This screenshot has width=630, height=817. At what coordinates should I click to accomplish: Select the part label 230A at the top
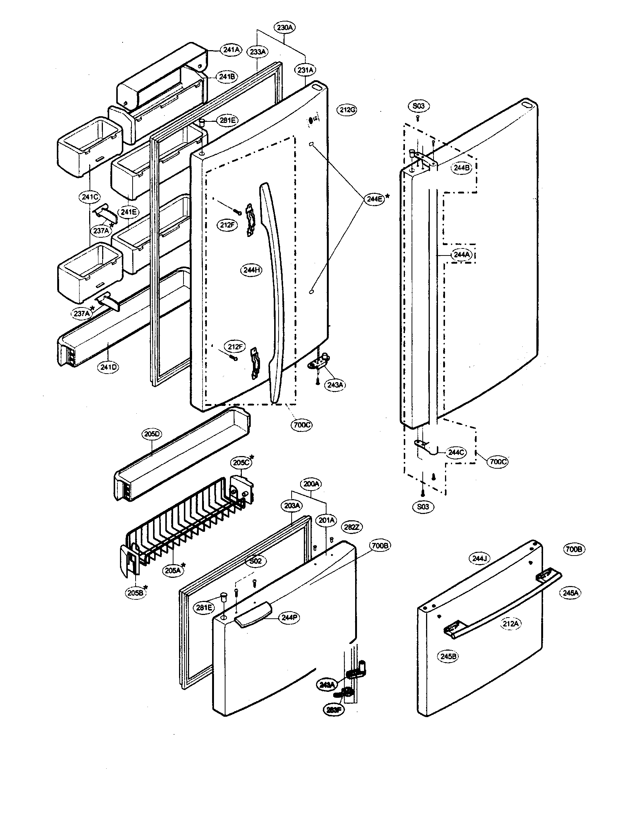click(x=285, y=27)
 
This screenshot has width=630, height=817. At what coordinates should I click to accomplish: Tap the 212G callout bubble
click(x=347, y=110)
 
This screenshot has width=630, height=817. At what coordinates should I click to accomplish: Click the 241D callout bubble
click(x=108, y=367)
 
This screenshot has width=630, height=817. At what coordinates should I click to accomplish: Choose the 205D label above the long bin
click(x=152, y=434)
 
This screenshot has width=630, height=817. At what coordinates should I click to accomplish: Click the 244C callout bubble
click(x=456, y=452)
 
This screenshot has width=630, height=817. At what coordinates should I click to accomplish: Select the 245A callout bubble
click(x=571, y=593)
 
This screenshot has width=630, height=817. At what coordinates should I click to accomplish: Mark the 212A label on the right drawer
click(x=510, y=624)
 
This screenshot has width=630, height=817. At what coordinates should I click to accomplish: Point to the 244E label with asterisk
click(x=374, y=199)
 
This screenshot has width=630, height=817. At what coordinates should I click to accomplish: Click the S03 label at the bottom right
click(x=423, y=507)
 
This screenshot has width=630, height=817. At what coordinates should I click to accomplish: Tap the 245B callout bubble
click(x=448, y=656)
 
